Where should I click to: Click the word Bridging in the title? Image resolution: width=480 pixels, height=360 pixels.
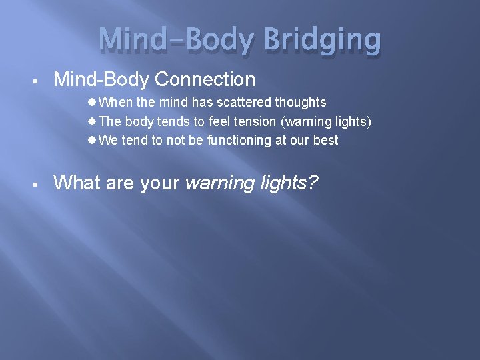click(323, 41)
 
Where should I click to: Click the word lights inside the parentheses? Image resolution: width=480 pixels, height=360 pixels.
click(351, 121)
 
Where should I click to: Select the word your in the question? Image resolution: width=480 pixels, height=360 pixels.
click(160, 183)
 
